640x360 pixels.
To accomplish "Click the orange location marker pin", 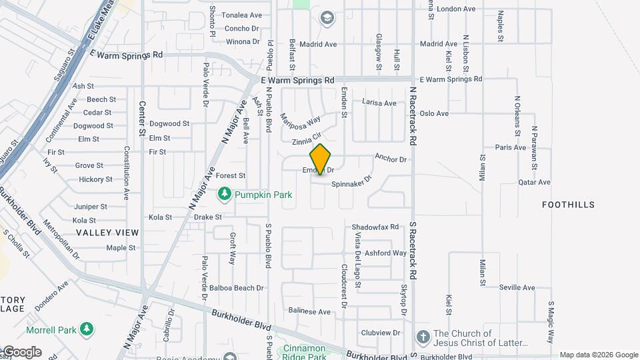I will (321, 159).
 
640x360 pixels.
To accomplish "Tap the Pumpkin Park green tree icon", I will (225, 194).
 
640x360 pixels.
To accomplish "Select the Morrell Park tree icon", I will (86, 329).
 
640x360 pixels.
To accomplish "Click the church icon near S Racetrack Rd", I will (422, 337).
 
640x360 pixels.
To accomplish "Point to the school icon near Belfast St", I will (327, 18).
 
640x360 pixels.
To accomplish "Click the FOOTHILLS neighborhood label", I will (568, 205).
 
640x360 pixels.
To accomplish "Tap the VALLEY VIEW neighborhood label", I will (107, 233).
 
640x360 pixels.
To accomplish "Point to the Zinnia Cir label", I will (307, 142).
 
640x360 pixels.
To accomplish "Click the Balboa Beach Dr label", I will (237, 288).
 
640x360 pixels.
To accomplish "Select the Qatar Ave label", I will (534, 182).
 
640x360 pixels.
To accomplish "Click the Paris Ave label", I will (511, 147).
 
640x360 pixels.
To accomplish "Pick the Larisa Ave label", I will (379, 103).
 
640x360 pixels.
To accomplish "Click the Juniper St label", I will (90, 207).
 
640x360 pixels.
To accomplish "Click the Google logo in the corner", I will (21, 352).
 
